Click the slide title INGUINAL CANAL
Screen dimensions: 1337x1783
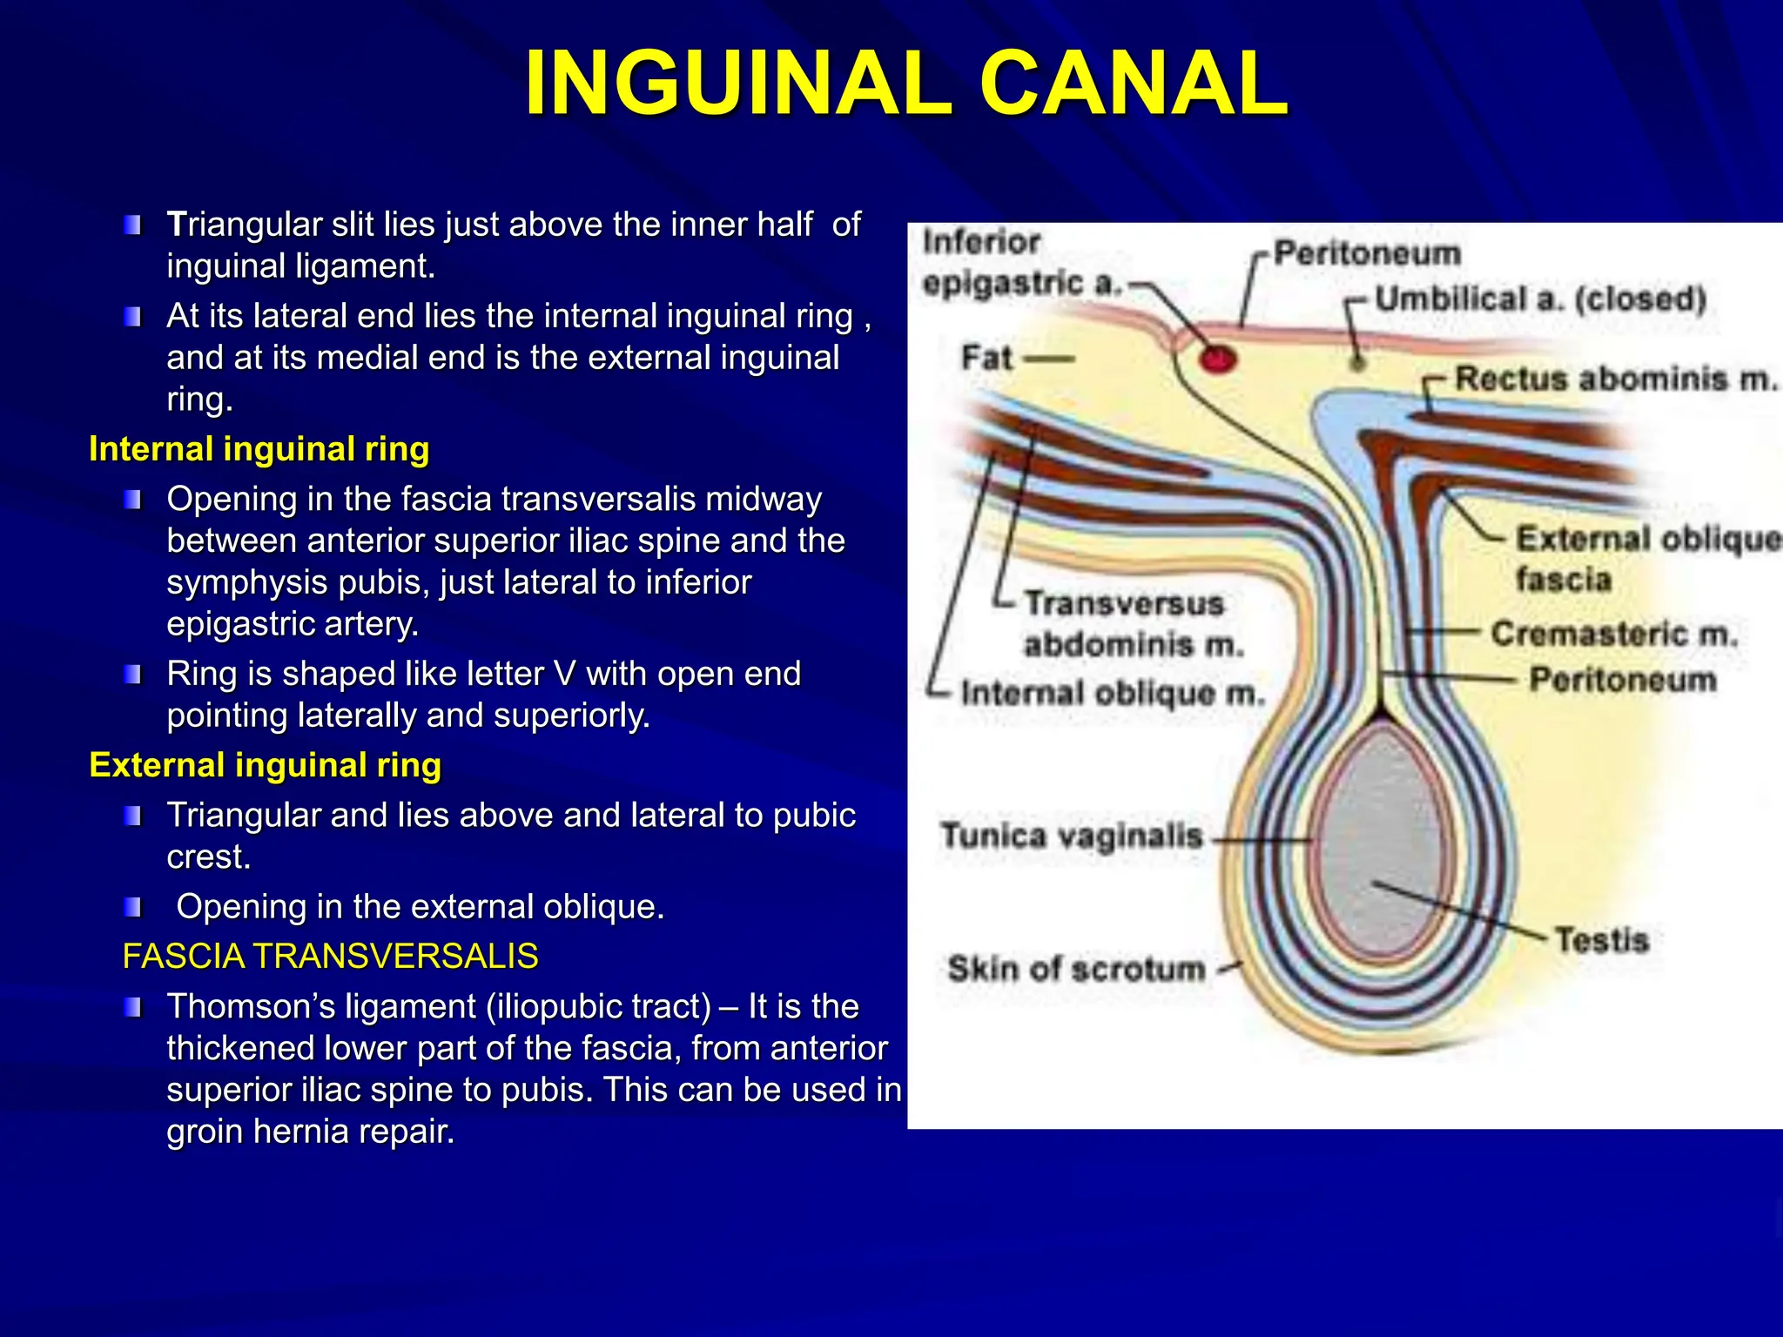[905, 84]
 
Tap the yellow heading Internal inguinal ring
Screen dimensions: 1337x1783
[259, 449]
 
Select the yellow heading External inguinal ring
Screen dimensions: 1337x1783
[265, 765]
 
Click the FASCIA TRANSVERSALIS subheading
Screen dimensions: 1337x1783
[330, 956]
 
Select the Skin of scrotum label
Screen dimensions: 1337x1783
[1076, 968]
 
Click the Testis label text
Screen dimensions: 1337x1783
[1602, 940]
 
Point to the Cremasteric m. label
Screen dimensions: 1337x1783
[1614, 633]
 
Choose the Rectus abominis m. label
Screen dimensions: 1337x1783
[1615, 379]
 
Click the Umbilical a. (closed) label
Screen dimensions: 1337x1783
[1540, 299]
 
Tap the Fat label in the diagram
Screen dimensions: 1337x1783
[986, 357]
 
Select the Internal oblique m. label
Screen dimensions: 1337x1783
[1112, 693]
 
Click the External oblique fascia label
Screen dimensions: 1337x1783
[1645, 557]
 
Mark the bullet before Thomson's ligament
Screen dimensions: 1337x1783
[132, 1008]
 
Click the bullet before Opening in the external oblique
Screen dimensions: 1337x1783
[132, 908]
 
